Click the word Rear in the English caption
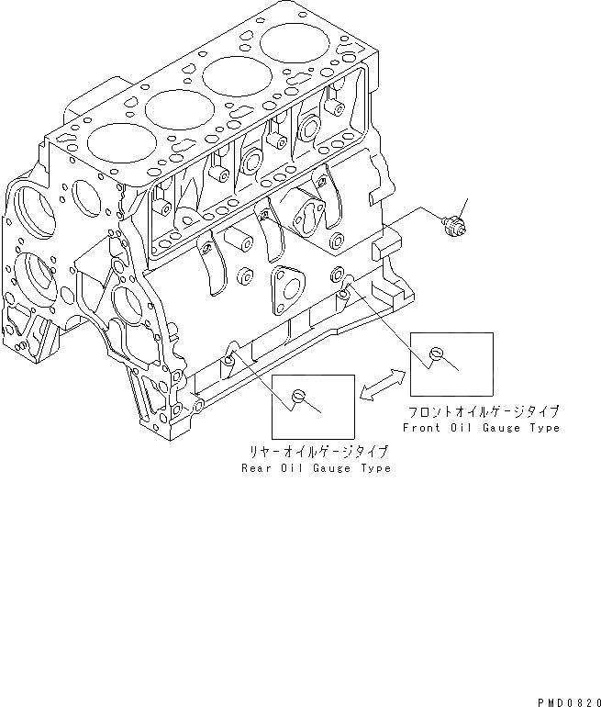pyautogui.click(x=258, y=468)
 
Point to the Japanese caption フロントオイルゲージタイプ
pyautogui.click(x=484, y=412)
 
